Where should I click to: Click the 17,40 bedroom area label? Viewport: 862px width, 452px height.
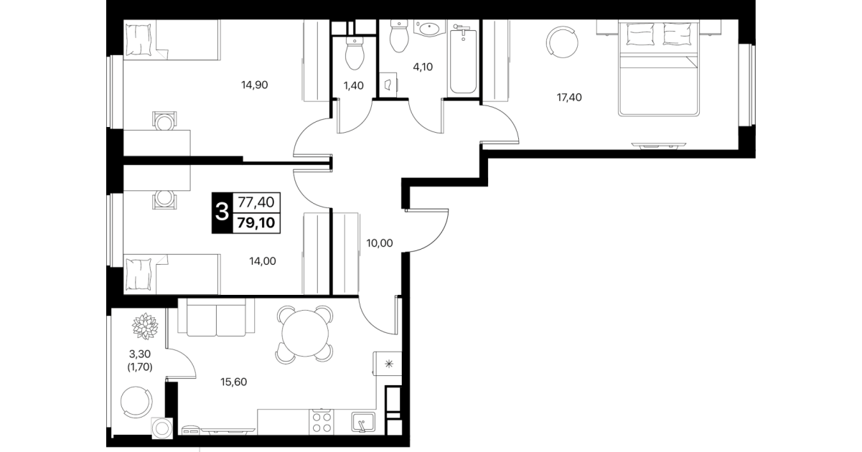[x=569, y=98]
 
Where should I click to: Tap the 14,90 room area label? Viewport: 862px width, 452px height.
[x=254, y=85]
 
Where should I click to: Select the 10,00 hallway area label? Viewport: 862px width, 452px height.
[x=380, y=243]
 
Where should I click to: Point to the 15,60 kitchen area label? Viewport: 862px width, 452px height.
[x=233, y=382]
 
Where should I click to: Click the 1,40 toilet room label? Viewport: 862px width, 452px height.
[x=354, y=85]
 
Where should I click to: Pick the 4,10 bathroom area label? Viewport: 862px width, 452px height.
[x=423, y=67]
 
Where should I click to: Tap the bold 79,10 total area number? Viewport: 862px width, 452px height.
[x=256, y=222]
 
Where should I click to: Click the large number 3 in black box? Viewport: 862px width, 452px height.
[x=222, y=212]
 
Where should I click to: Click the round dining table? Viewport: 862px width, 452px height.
[x=305, y=334]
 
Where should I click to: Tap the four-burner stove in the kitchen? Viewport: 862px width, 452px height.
[x=322, y=422]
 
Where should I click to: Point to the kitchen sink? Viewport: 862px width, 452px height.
[x=363, y=423]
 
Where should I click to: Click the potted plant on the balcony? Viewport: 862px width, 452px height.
[x=145, y=326]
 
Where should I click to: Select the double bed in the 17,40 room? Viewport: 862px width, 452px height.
[x=658, y=68]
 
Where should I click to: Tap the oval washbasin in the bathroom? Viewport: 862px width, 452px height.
[x=429, y=29]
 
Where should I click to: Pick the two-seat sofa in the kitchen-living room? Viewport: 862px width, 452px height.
[x=216, y=317]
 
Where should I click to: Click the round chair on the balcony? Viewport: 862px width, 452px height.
[x=136, y=402]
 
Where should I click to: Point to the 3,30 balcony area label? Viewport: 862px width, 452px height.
[x=140, y=354]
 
